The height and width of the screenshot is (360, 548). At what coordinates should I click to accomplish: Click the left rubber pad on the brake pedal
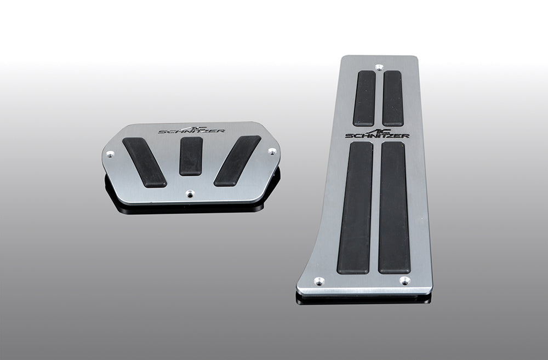[x=144, y=162]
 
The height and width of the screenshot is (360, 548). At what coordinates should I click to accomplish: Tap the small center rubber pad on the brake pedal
[x=191, y=156]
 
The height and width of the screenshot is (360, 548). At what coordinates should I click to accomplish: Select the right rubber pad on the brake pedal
[x=237, y=161]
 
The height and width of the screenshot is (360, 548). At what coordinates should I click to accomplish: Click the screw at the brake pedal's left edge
[x=110, y=154]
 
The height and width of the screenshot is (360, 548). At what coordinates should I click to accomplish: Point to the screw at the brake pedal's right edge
[x=271, y=151]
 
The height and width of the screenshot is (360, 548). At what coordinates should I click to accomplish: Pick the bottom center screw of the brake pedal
[x=190, y=193]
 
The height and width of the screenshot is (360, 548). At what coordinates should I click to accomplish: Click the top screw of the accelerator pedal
[x=379, y=67]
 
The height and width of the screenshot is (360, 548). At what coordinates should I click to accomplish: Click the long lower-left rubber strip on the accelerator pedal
[x=355, y=208]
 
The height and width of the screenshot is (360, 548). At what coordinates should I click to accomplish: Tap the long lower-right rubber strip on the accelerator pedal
[x=394, y=208]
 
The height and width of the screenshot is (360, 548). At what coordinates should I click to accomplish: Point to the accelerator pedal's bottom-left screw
[x=318, y=281]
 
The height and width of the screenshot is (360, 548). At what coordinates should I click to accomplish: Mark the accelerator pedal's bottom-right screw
[x=404, y=281]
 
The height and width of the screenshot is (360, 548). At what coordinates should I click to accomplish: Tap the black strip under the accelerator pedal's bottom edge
[x=362, y=299]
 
